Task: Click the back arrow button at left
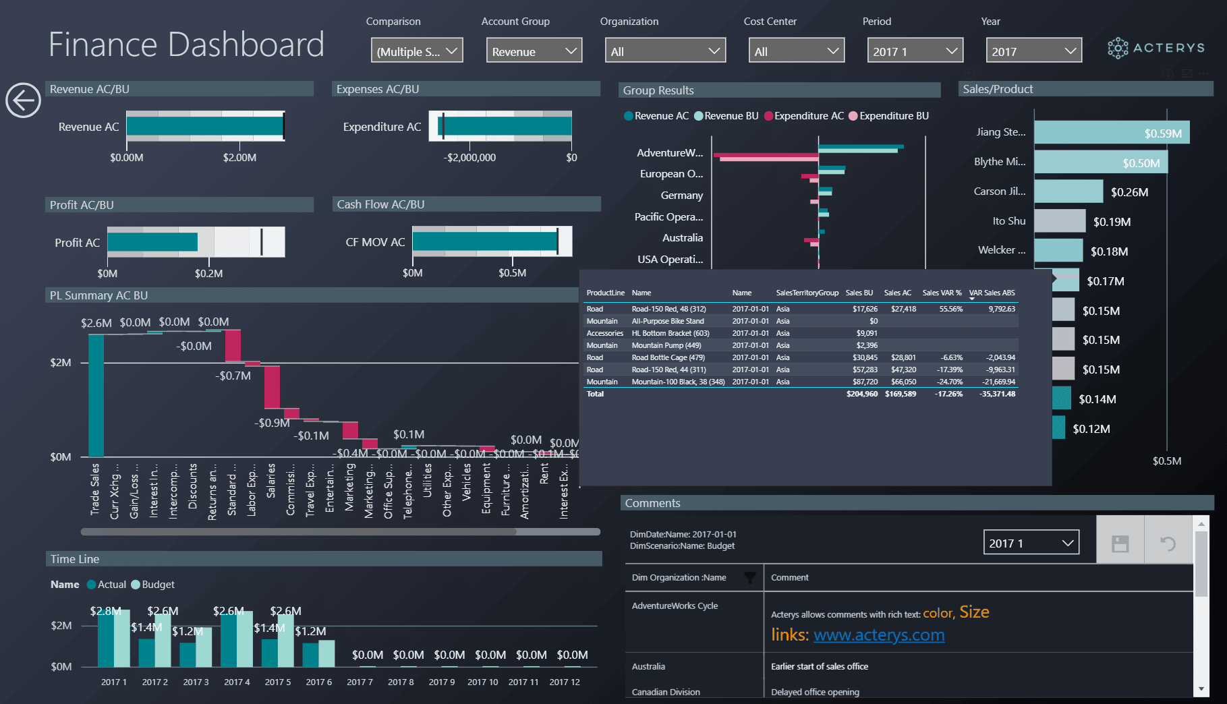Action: (x=23, y=100)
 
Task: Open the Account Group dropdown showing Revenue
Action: (x=534, y=51)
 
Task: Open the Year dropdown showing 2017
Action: (x=1033, y=51)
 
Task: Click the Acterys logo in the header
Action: (x=1155, y=48)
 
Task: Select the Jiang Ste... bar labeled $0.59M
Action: (x=1111, y=133)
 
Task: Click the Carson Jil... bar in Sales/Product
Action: (x=1068, y=192)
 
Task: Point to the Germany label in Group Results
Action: (x=681, y=196)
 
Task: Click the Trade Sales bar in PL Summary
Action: (x=96, y=395)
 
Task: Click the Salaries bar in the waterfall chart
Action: (x=272, y=386)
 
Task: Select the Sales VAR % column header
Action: (x=942, y=293)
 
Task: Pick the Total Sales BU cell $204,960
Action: (x=862, y=394)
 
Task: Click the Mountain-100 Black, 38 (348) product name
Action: (x=678, y=382)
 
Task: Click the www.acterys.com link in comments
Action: (x=878, y=635)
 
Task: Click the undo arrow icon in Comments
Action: (x=1168, y=544)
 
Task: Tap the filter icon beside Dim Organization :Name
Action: (x=749, y=578)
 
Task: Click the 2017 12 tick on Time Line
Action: (x=564, y=682)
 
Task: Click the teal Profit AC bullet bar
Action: (x=152, y=242)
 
